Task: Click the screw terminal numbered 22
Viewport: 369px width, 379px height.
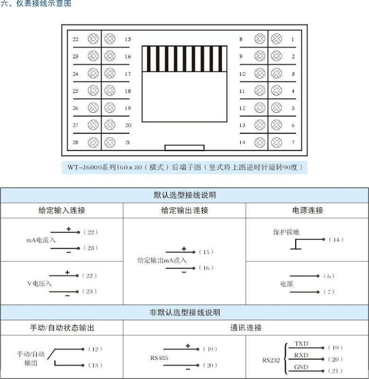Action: point(93,39)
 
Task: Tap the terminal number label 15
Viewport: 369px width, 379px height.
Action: point(128,39)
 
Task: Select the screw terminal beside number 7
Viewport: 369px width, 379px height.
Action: point(276,142)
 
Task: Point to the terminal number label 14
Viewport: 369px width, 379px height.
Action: point(242,142)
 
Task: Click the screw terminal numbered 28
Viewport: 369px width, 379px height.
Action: point(93,142)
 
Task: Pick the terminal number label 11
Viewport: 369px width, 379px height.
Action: point(242,91)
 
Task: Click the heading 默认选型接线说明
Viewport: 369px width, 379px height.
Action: point(184,195)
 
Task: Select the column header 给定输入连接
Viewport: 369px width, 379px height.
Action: point(62,210)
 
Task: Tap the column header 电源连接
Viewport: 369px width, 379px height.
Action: point(307,210)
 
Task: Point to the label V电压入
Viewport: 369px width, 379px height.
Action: point(39,283)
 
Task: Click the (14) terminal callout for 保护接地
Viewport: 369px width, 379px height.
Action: point(336,240)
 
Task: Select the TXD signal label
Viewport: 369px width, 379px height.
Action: point(301,343)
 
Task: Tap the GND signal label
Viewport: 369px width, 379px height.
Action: point(301,367)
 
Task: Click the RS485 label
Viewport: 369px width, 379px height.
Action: point(159,358)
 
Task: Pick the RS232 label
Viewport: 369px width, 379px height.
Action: point(271,360)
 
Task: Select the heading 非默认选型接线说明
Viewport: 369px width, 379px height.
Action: point(184,313)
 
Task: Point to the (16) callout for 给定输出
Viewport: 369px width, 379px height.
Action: point(206,268)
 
